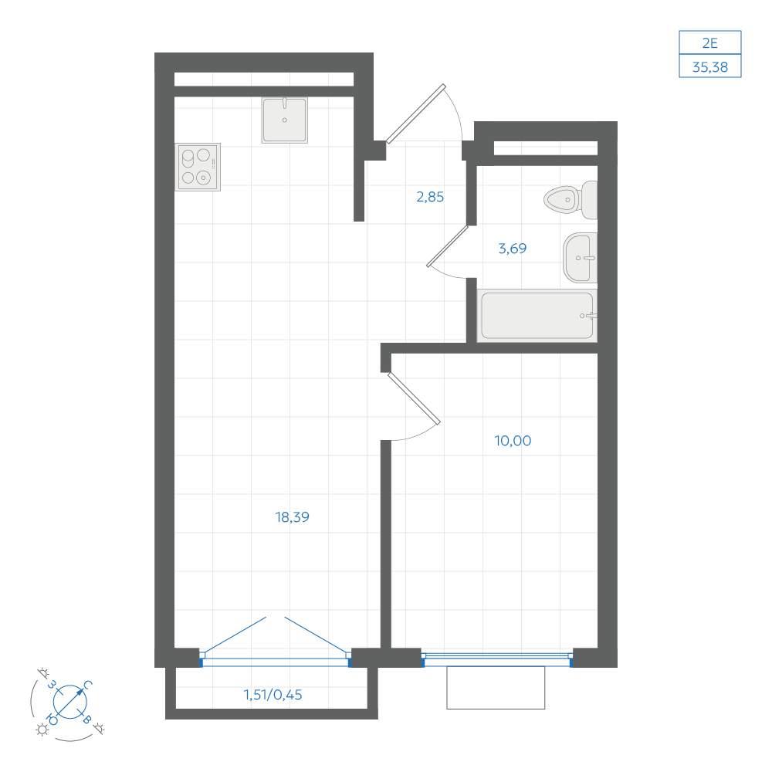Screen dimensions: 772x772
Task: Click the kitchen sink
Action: click(285, 120)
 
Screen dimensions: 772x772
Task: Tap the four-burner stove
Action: click(198, 167)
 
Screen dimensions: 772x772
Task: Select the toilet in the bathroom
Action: click(571, 199)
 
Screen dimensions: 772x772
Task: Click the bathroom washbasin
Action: click(580, 258)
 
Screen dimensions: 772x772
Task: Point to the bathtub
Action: click(537, 316)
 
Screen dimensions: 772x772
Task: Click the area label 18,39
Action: click(292, 517)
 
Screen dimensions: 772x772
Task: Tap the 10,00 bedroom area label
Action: click(513, 441)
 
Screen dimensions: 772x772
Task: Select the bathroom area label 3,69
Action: click(513, 248)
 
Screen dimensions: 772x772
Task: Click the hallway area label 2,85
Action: click(430, 197)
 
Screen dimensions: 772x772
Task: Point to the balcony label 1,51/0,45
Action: click(273, 695)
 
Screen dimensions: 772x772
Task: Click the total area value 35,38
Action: click(710, 67)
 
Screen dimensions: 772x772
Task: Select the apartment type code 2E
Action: click(710, 43)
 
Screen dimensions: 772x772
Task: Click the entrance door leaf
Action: click(416, 113)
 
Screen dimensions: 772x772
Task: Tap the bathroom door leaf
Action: click(447, 246)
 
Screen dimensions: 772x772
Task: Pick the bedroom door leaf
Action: click(414, 398)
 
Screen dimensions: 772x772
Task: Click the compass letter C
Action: click(88, 685)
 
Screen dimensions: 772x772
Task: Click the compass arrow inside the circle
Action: click(70, 701)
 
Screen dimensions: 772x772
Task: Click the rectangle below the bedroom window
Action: click(496, 688)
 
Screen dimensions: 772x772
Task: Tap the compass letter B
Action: click(86, 720)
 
